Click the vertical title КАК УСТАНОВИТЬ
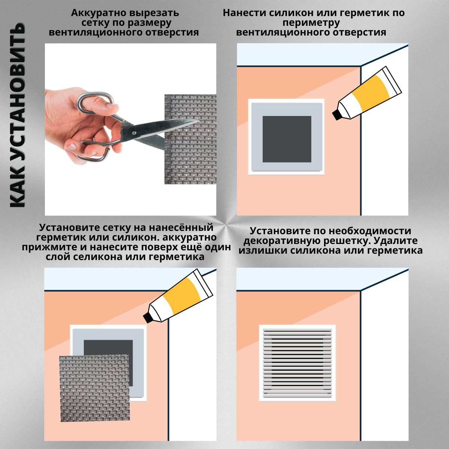tap(17, 115)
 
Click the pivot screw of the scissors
tap(134, 133)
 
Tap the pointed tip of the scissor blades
tap(199, 121)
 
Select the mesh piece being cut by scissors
tap(190, 139)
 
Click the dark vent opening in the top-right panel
tap(287, 139)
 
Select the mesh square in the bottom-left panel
tap(95, 388)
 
